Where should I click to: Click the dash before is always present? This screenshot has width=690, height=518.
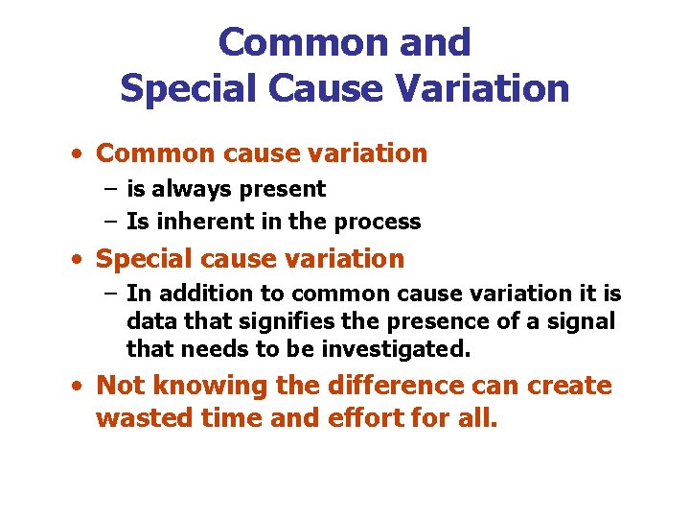[x=110, y=189]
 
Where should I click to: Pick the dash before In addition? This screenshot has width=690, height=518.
[x=110, y=293]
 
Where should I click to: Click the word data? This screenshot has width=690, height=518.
[x=151, y=321]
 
